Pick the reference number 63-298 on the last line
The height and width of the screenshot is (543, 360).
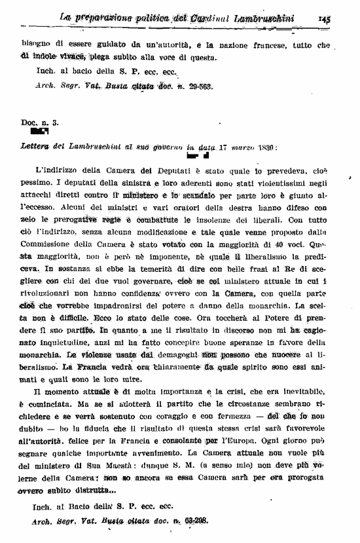click(x=191, y=521)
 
